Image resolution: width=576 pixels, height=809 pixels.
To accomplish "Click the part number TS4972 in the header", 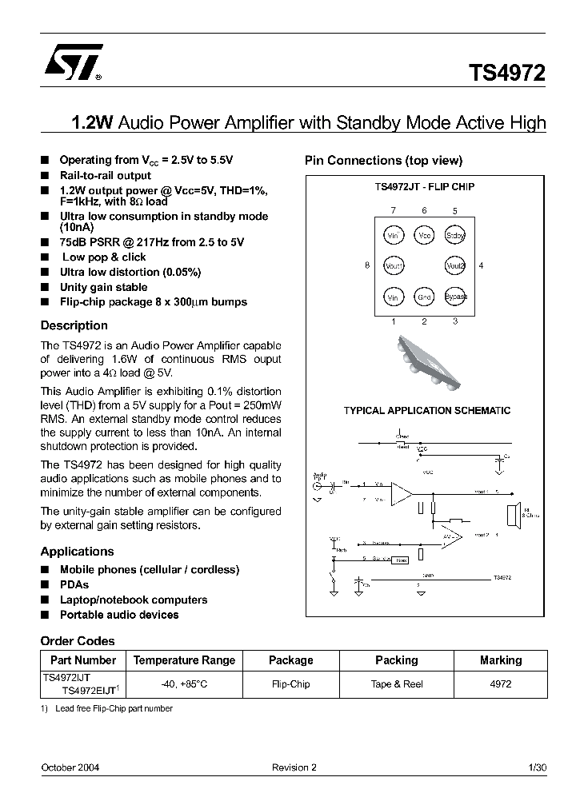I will tap(507, 74).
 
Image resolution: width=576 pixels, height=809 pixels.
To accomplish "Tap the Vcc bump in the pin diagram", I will tap(424, 235).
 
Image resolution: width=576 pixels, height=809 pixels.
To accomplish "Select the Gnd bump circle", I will tap(424, 297).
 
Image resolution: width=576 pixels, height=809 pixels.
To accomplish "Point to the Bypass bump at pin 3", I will tap(455, 297).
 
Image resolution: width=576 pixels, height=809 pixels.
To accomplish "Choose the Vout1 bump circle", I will tap(393, 265).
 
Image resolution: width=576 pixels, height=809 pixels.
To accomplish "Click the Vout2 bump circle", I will tap(455, 265).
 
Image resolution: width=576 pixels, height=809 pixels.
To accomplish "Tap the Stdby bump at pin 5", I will tap(455, 235).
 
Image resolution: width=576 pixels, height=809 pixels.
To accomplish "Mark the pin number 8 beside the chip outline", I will tap(367, 265).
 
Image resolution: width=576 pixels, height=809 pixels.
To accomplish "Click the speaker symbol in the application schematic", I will tap(513, 511).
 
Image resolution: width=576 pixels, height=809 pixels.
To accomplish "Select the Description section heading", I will tap(74, 325).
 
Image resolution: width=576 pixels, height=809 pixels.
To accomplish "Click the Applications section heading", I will tap(77, 552).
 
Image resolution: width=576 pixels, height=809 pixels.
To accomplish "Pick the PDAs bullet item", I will tap(74, 584).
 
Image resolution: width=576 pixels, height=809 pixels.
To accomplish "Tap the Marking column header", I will tap(501, 660).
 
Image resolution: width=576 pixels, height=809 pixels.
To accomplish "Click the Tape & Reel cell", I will tap(396, 684).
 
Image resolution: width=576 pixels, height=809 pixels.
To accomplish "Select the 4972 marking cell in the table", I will tap(501, 684).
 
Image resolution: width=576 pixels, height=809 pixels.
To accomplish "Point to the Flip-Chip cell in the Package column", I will tap(290, 684).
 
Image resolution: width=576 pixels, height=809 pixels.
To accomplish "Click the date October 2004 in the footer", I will tap(70, 767).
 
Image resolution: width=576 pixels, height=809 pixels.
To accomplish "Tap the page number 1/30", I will tap(538, 767).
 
